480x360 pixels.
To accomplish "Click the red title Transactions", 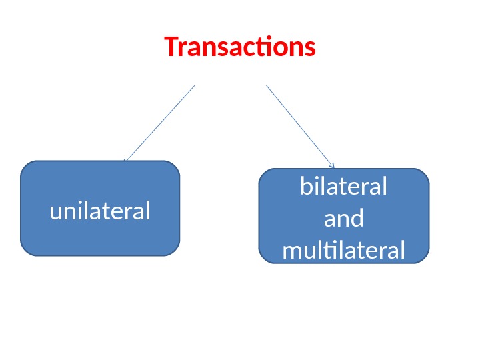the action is pos(240,48).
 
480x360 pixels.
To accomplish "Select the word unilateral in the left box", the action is pos(100,211).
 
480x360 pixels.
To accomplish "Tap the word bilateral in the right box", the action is pos(343,187).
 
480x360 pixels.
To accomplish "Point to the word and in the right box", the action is pos(343,218).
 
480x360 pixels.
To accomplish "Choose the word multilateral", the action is pos(343,251).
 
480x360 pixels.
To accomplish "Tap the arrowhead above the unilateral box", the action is pos(125,161).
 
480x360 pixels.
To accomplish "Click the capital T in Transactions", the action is pos(171,48).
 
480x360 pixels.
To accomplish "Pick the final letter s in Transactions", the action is pos(310,49).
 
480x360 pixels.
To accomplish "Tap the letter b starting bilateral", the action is pos(306,187).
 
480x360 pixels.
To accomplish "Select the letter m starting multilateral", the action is pos(292,252).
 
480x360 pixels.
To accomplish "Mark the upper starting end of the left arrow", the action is pos(194,86).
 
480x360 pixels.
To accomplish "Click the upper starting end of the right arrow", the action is pos(267,86).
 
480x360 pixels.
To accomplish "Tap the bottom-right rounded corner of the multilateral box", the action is pos(424,259).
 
